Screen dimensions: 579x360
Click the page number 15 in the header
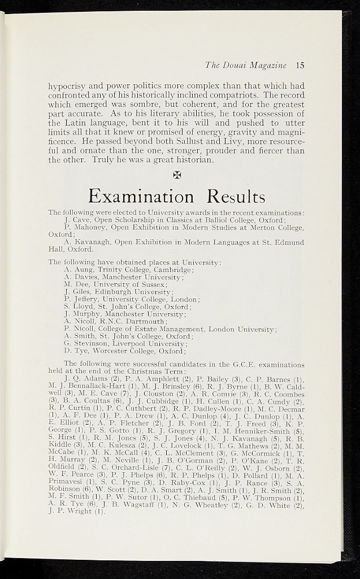click(300, 65)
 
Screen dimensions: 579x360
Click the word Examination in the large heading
click(141, 196)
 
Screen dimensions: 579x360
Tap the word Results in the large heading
click(236, 196)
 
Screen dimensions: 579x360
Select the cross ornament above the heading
click(176, 175)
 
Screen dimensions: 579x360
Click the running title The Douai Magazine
click(246, 65)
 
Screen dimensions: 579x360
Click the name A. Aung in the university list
click(79, 270)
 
